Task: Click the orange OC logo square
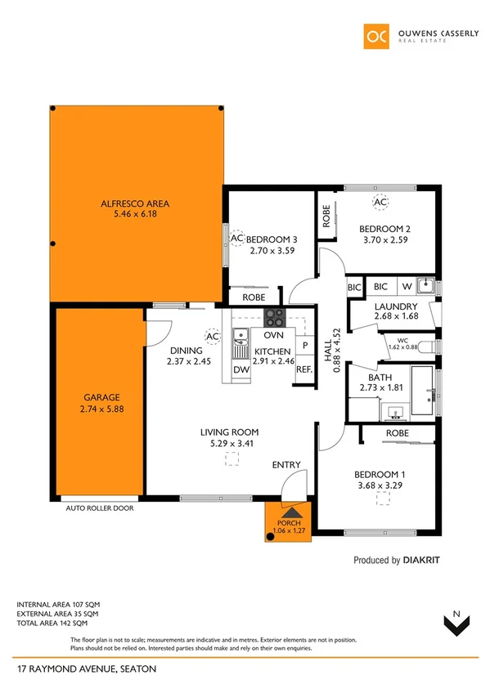tap(376, 37)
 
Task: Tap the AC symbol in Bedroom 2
tap(380, 202)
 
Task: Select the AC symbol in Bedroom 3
tap(237, 239)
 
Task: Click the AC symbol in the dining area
tap(212, 336)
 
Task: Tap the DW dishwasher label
tap(241, 369)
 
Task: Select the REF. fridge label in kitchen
tap(303, 369)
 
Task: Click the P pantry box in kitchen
tap(304, 346)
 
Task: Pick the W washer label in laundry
tap(407, 287)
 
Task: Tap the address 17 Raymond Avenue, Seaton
tap(86, 669)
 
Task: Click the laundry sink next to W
tap(425, 286)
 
